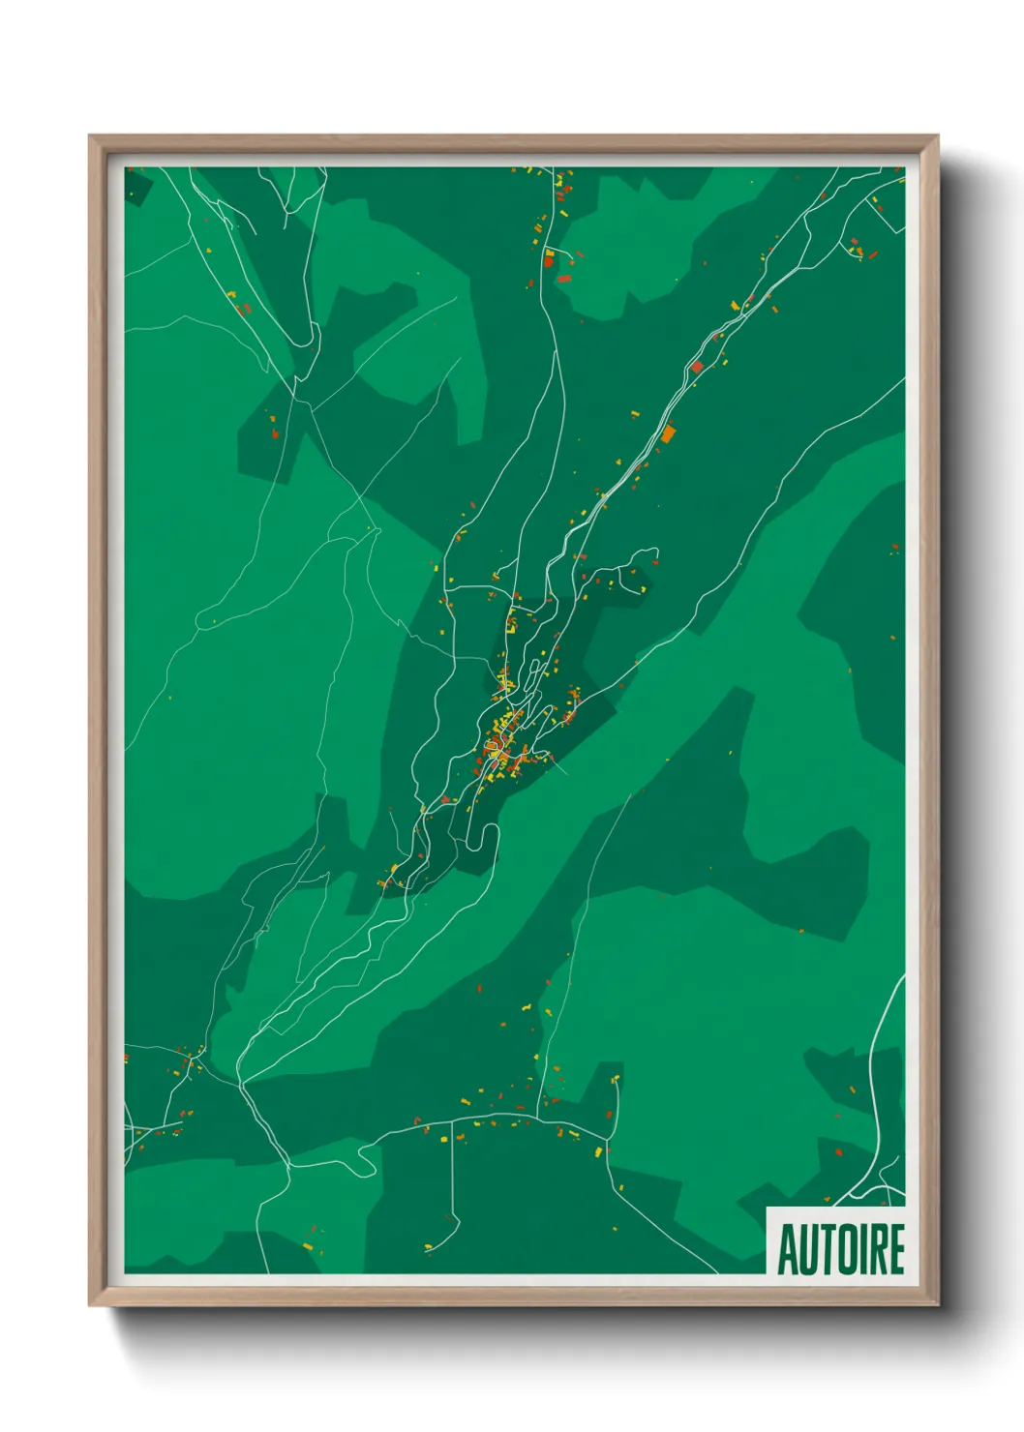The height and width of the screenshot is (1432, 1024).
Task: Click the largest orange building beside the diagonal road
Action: (668, 433)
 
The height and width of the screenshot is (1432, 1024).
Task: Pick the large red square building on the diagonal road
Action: (697, 367)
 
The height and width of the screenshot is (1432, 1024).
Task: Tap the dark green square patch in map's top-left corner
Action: (136, 186)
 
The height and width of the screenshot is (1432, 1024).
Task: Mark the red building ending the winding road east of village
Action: (655, 561)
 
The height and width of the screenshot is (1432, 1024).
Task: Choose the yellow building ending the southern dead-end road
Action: (428, 1248)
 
